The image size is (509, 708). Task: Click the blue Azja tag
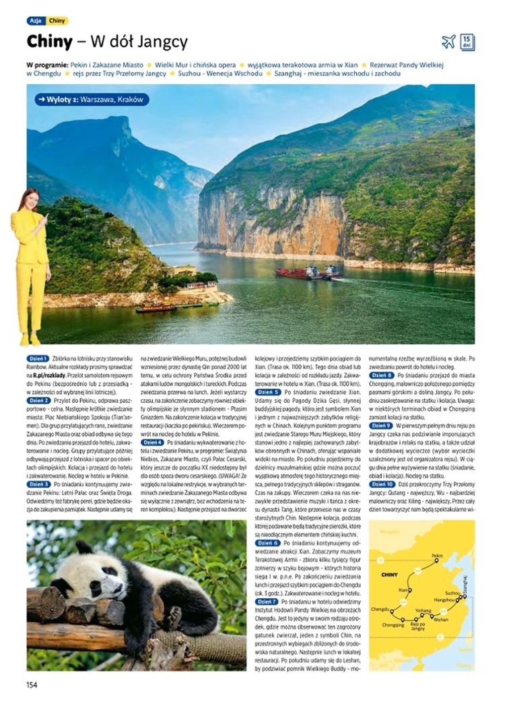[x=36, y=21]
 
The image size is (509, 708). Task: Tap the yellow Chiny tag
[x=57, y=21]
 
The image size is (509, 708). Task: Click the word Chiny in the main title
[x=49, y=42]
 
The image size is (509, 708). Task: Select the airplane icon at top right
[x=448, y=42]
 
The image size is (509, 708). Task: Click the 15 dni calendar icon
[x=467, y=42]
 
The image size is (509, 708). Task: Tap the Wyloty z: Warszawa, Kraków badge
[x=92, y=100]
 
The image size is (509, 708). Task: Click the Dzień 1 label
[x=38, y=358]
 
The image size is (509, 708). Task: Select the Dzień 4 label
[x=152, y=442]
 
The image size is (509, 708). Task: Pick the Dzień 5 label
[x=268, y=391]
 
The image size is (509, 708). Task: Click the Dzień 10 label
[x=382, y=484]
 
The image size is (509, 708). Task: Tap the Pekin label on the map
[x=437, y=555]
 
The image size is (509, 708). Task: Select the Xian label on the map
[x=403, y=589]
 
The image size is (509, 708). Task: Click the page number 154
[x=31, y=684]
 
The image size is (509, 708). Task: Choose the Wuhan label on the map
[x=441, y=618]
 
